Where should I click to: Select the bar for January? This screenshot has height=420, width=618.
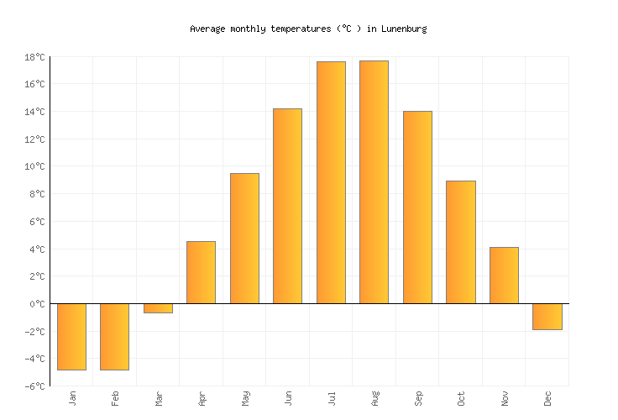coord(71,336)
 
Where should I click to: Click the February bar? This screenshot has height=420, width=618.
coord(114,336)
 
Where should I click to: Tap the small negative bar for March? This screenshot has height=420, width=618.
coord(158,308)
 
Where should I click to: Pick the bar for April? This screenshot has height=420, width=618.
coord(201,272)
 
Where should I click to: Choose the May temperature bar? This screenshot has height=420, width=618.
coord(244,239)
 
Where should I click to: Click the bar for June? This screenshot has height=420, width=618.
coord(287,206)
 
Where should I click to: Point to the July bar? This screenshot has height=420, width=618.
coord(331,182)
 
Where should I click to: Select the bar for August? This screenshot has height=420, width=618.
coord(374,181)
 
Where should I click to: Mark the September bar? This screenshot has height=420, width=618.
coord(417,207)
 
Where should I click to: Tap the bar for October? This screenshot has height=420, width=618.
coord(460,242)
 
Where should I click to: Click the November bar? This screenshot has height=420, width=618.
coord(504,276)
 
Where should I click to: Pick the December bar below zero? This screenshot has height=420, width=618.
coord(547,317)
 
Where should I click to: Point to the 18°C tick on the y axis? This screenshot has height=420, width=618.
coord(34,57)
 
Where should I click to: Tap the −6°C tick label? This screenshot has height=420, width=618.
coord(34,386)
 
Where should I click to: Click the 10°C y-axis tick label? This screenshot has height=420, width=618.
coord(34,166)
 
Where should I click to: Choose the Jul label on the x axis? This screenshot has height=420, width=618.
coord(332,398)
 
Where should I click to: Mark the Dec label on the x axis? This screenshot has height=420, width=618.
coord(547,398)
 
